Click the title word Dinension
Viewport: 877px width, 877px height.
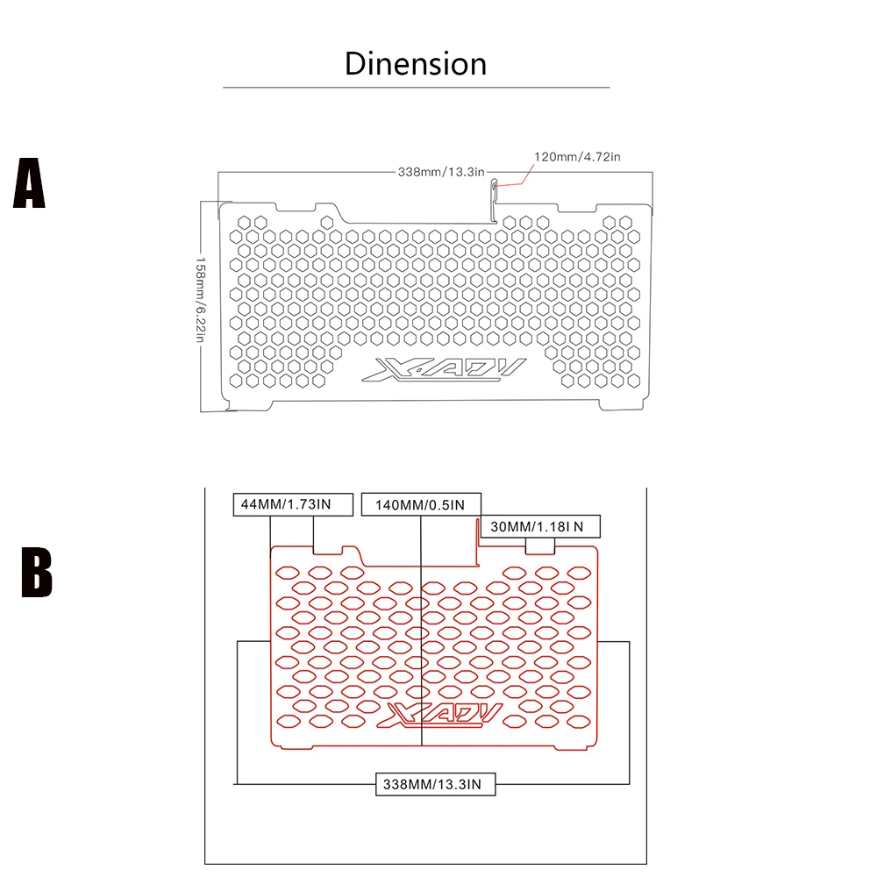(416, 64)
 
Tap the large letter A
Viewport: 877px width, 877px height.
(29, 183)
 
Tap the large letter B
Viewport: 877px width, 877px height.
(36, 572)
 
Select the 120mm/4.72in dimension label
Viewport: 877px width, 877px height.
(577, 157)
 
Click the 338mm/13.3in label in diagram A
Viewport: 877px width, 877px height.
(441, 172)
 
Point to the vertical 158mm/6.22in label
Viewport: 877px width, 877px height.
(200, 299)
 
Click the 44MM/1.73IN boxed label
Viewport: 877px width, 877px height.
(293, 504)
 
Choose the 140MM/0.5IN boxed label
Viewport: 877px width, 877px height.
(421, 504)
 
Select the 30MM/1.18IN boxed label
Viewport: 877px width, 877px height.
(540, 526)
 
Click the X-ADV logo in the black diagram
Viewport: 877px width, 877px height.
(444, 370)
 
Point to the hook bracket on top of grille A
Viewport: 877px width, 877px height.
(494, 200)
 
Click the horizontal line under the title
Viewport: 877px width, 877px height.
(416, 87)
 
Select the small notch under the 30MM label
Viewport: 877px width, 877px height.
(539, 546)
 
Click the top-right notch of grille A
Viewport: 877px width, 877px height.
(577, 209)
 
